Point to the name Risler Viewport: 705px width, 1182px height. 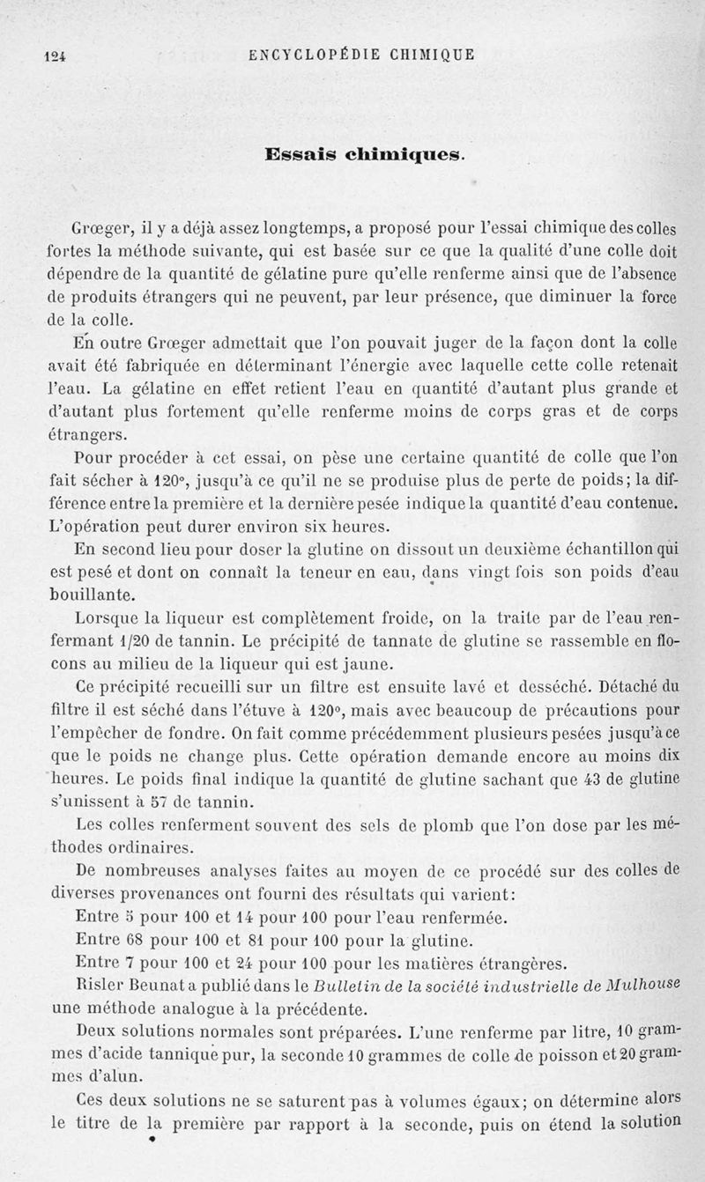103,984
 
